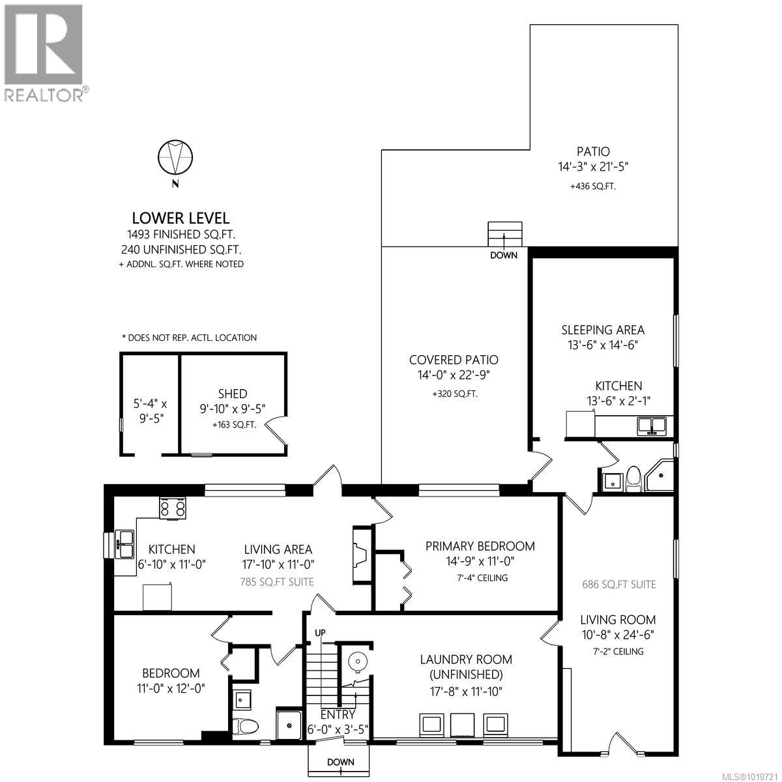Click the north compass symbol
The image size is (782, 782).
pos(175,157)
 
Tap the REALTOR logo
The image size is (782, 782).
pos(44,52)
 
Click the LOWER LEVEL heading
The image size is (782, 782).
pos(181,219)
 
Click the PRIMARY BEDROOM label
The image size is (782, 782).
pos(480,546)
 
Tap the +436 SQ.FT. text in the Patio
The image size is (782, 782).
pos(592,186)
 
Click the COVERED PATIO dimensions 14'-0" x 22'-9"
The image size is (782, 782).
pos(454,375)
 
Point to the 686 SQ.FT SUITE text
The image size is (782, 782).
pos(618,585)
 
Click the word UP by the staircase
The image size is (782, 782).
pos(320,633)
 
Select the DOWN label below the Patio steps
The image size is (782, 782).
pos(504,255)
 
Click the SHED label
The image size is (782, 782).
pos(233,394)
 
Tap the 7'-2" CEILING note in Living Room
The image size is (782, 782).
pos(618,651)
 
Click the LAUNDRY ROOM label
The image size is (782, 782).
pos(465,659)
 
